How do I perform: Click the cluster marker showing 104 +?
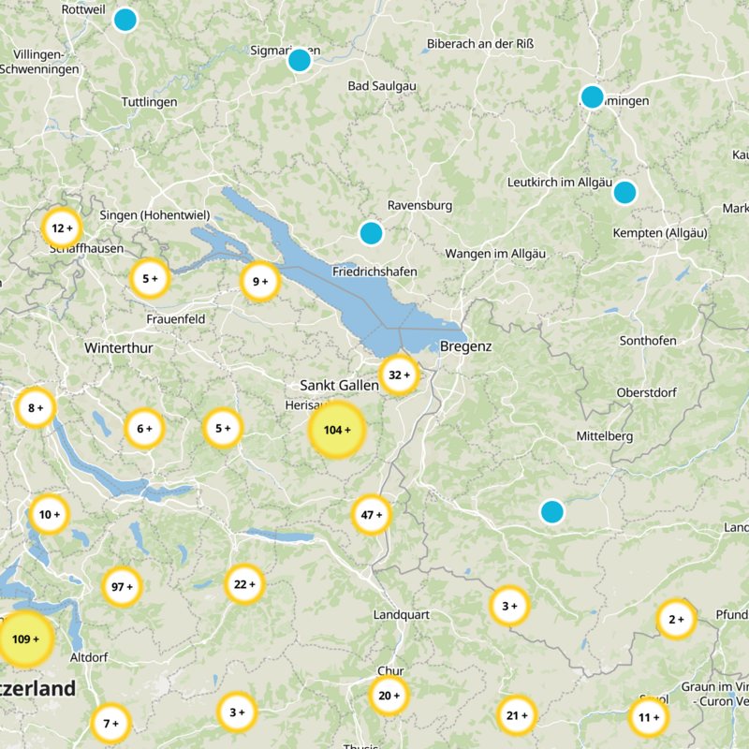337,431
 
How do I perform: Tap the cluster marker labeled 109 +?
25,639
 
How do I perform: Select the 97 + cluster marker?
123,587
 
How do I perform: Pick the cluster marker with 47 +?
372,515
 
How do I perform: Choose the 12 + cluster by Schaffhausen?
63,228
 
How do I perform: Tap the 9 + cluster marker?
260,281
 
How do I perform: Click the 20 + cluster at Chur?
389,696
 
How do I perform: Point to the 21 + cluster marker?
517,716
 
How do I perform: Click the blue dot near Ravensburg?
372,233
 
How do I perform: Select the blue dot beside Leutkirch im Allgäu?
624,193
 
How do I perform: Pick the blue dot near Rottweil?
125,20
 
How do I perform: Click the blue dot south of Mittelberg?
552,512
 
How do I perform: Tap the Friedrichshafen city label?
374,272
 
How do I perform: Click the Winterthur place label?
118,347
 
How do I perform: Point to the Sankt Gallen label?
339,385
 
